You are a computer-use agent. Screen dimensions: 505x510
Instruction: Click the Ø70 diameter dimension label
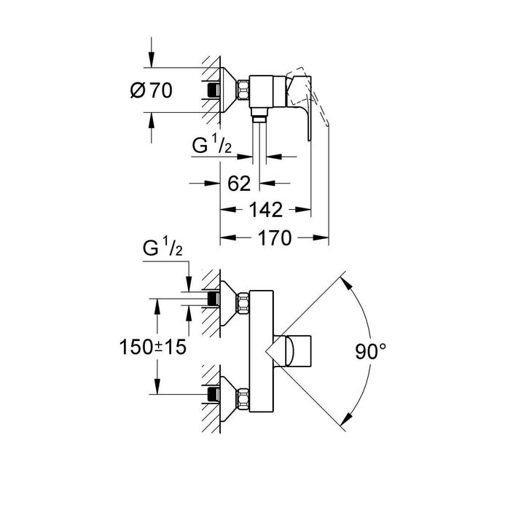(x=152, y=90)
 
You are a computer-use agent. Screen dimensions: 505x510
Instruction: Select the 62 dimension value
(x=239, y=184)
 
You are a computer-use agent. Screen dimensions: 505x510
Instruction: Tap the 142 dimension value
(x=266, y=210)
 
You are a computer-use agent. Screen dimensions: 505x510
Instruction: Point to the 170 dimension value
(x=275, y=238)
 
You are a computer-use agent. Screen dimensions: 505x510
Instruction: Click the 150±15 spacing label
(x=153, y=347)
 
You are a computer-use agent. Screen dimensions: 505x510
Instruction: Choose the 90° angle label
(x=370, y=352)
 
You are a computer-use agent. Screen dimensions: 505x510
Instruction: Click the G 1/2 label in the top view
(x=212, y=145)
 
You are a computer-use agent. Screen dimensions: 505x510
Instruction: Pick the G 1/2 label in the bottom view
(x=163, y=248)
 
